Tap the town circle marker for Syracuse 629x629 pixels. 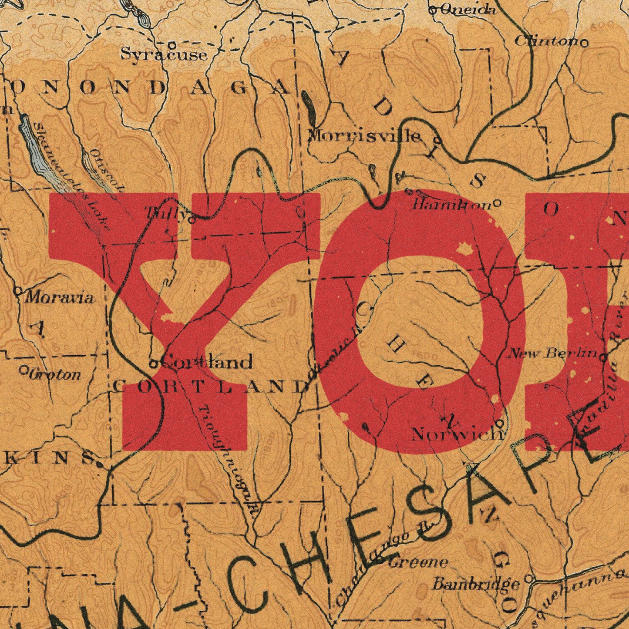tap(172, 44)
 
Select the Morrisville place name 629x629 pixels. tap(365, 136)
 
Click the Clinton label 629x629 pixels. tap(548, 41)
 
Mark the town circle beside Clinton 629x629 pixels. tap(585, 43)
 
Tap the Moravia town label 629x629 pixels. tap(59, 298)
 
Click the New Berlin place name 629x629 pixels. tap(554, 353)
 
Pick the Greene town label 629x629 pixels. tap(418, 562)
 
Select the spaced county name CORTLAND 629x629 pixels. tap(211, 386)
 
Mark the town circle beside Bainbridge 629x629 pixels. tap(528, 579)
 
